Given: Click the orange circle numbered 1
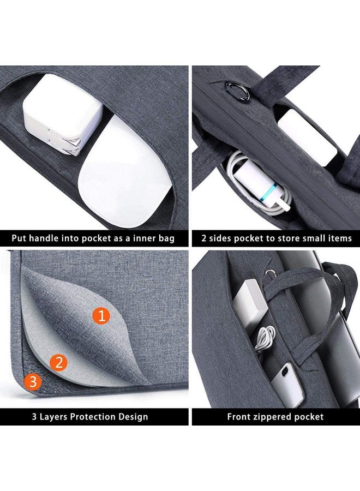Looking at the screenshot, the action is click(x=101, y=315).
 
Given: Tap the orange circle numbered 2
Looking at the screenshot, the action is click(x=58, y=363).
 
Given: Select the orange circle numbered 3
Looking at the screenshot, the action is click(x=33, y=382).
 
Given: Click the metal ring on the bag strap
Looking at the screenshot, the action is click(x=238, y=91).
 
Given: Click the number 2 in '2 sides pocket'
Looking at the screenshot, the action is click(x=204, y=238).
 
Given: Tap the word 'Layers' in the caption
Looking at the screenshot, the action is click(x=53, y=417).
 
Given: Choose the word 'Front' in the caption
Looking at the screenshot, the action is click(x=236, y=417).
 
